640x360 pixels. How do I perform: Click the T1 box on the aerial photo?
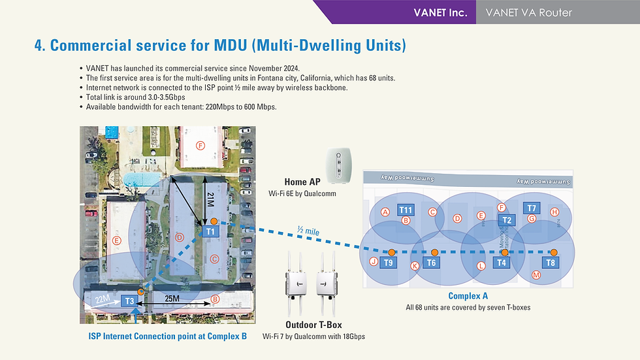(210, 231)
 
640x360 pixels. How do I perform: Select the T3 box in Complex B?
(129, 301)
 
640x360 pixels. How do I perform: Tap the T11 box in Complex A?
(406, 210)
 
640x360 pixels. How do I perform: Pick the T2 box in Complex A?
(506, 220)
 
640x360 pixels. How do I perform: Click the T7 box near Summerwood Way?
(532, 208)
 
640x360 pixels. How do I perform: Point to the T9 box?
(389, 263)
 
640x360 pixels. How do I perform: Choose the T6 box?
(431, 263)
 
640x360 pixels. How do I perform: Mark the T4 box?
(502, 263)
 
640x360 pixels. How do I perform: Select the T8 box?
(551, 263)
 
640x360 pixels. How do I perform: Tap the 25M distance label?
(172, 299)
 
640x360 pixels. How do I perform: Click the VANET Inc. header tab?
(440, 12)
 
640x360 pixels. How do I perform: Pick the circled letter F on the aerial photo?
(200, 145)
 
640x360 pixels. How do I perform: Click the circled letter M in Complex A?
(536, 276)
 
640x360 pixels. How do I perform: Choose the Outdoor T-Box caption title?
(313, 325)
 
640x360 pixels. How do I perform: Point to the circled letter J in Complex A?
(373, 262)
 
